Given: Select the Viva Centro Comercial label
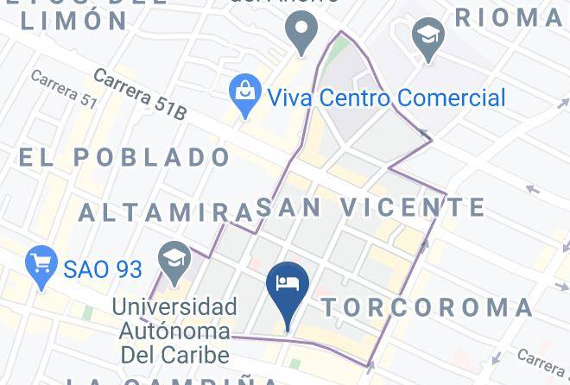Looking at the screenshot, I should coord(386,98).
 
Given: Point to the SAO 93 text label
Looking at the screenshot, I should coord(103,269).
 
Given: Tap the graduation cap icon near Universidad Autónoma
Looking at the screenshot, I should coord(174,260).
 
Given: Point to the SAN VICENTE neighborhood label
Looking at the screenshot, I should coord(370,207).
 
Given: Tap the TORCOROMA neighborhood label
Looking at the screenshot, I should coord(428,308).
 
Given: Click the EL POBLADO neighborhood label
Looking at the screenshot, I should coord(124,157).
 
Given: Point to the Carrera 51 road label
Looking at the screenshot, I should coord(62,89).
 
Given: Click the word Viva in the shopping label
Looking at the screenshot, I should coord(291,98).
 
